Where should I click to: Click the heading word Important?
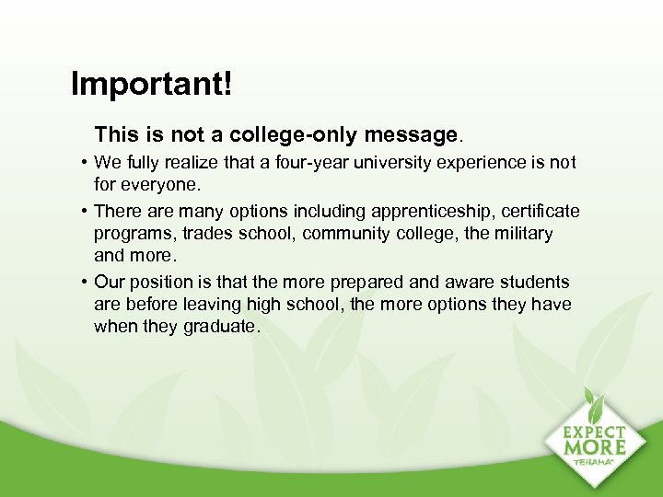pos(152,85)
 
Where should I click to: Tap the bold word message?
pos(411,135)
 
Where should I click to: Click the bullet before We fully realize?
pos(83,163)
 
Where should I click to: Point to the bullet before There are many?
pos(83,212)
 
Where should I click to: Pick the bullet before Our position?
pos(83,283)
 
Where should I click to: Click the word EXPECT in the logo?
pos(595,432)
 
